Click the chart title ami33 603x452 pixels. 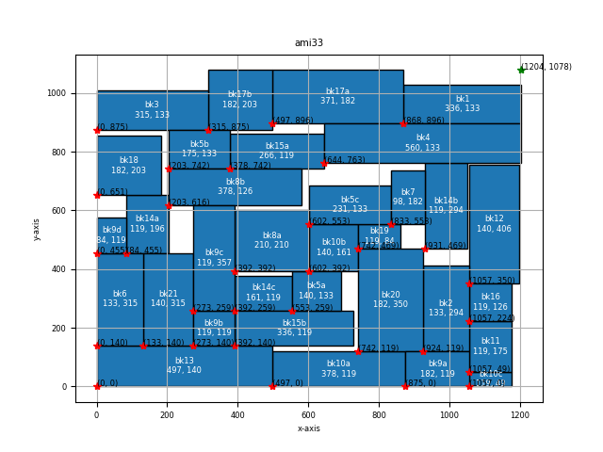[x=309, y=42]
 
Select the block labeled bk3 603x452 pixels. [x=152, y=110]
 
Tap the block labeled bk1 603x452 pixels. [x=462, y=104]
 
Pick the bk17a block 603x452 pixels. [x=337, y=96]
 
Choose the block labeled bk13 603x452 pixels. [x=184, y=366]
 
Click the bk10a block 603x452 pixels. [x=338, y=368]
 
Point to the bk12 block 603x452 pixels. [x=494, y=224]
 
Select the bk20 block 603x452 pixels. [x=390, y=300]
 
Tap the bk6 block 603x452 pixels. [x=120, y=299]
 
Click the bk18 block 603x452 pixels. [x=128, y=166]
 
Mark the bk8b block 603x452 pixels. [x=235, y=186]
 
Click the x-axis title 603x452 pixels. [x=309, y=428]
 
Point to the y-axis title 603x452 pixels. [x=38, y=229]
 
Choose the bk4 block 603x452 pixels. [x=422, y=143]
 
